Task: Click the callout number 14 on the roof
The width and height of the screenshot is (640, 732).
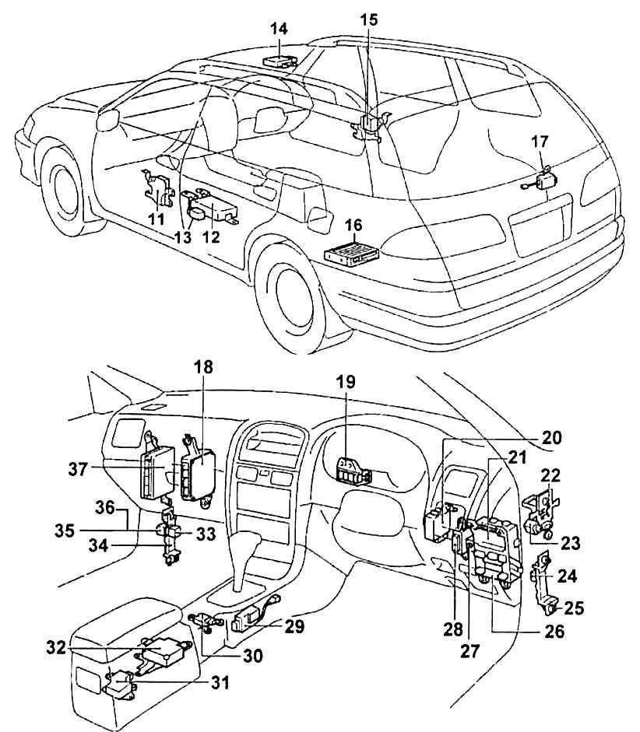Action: (279, 30)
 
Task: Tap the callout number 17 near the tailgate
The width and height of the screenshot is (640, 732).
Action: (540, 142)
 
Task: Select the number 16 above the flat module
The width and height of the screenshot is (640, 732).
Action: (353, 226)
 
